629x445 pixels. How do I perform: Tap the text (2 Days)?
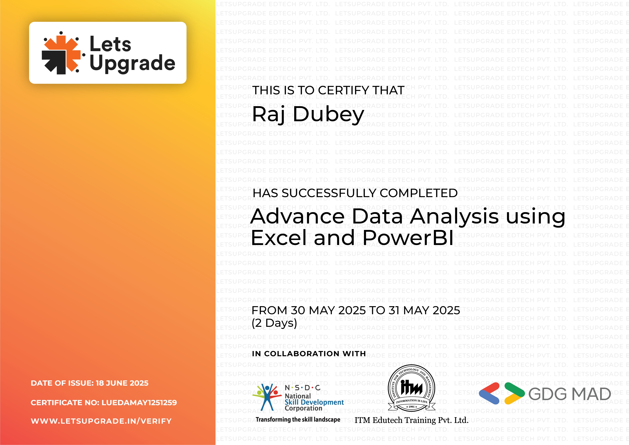click(274, 323)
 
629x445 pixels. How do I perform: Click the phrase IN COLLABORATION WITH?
click(309, 354)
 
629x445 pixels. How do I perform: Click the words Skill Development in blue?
click(314, 402)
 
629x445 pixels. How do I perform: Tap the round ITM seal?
click(412, 388)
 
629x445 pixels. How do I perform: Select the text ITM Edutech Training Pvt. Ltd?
click(411, 420)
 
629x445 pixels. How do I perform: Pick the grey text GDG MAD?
click(569, 394)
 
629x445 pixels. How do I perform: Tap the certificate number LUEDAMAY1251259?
click(139, 402)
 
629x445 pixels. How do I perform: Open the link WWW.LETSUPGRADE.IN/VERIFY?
click(101, 421)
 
